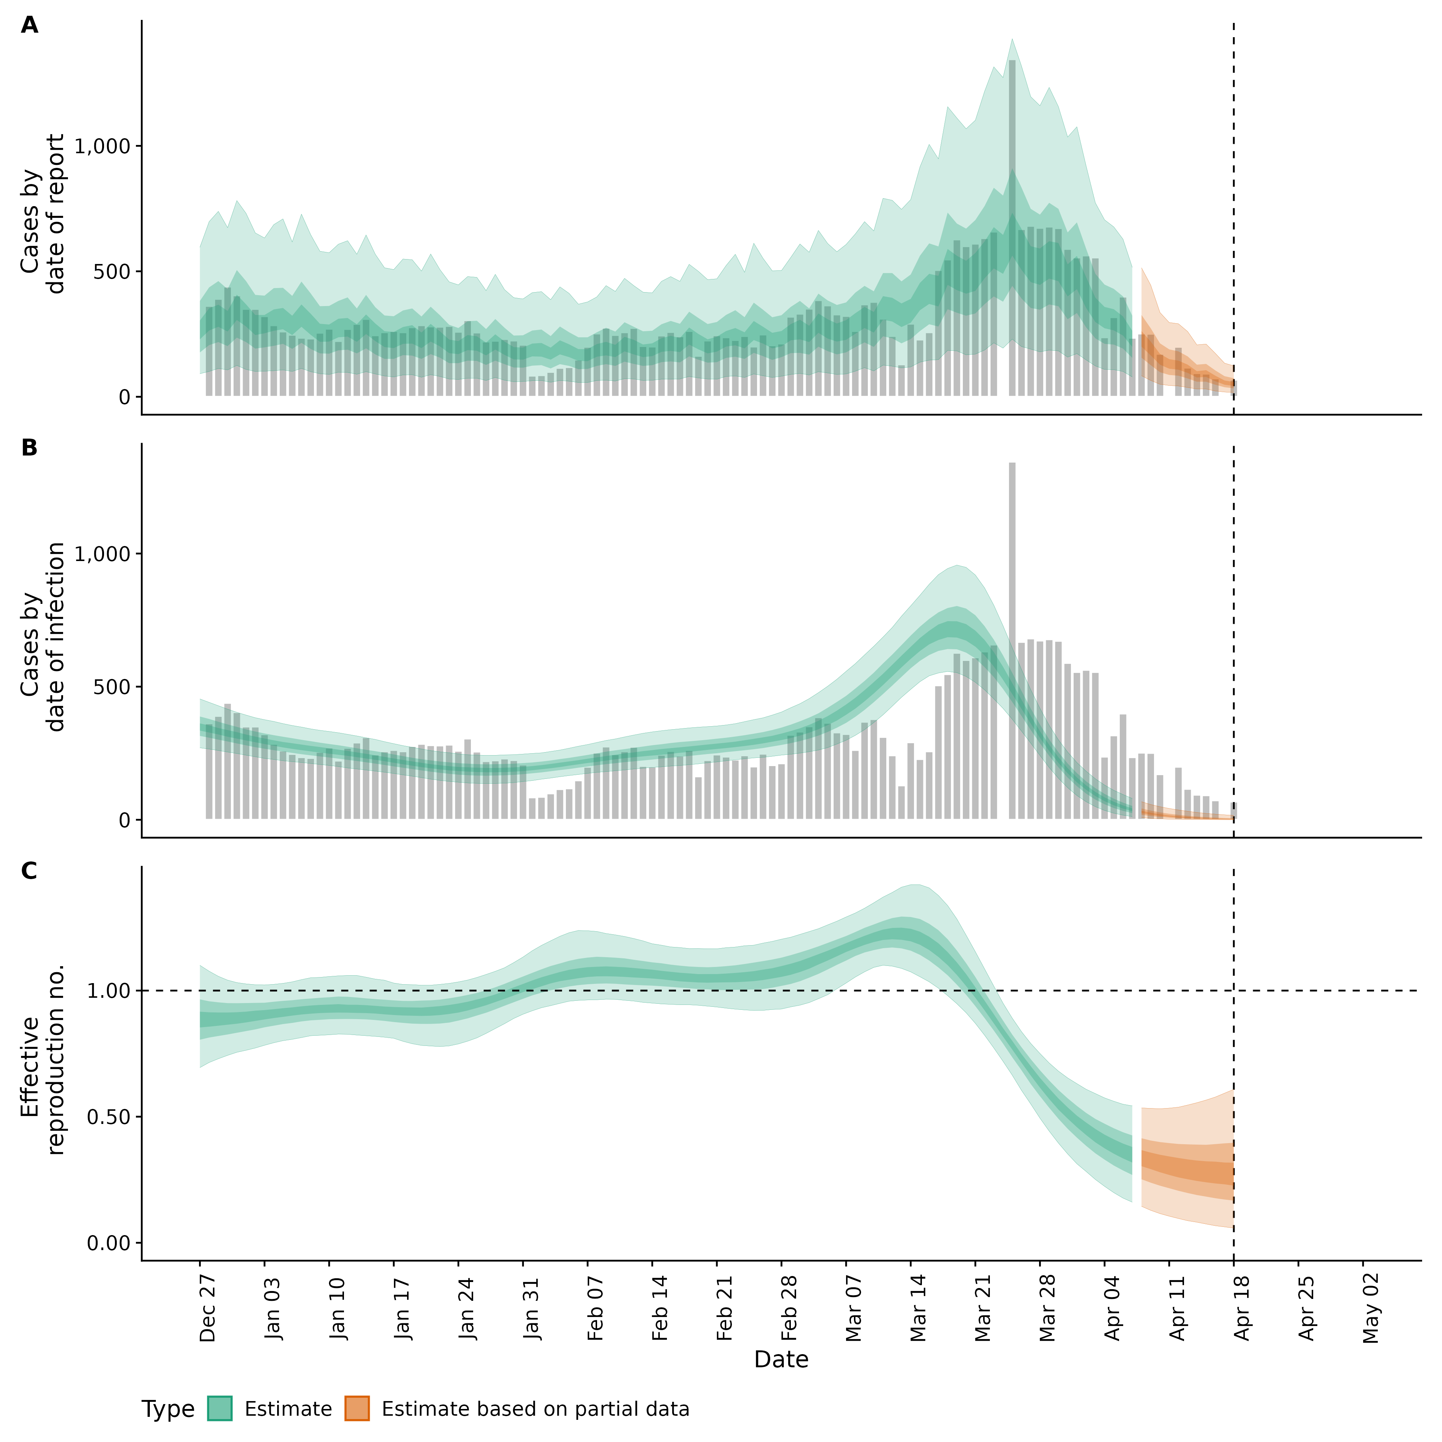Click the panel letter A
click(x=29, y=26)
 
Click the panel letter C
click(x=29, y=871)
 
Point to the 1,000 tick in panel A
click(x=103, y=146)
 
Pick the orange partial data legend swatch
click(x=357, y=1409)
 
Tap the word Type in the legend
click(x=168, y=1409)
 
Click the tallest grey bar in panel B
click(x=1012, y=642)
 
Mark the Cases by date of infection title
click(x=42, y=637)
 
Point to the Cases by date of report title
click(x=42, y=214)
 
